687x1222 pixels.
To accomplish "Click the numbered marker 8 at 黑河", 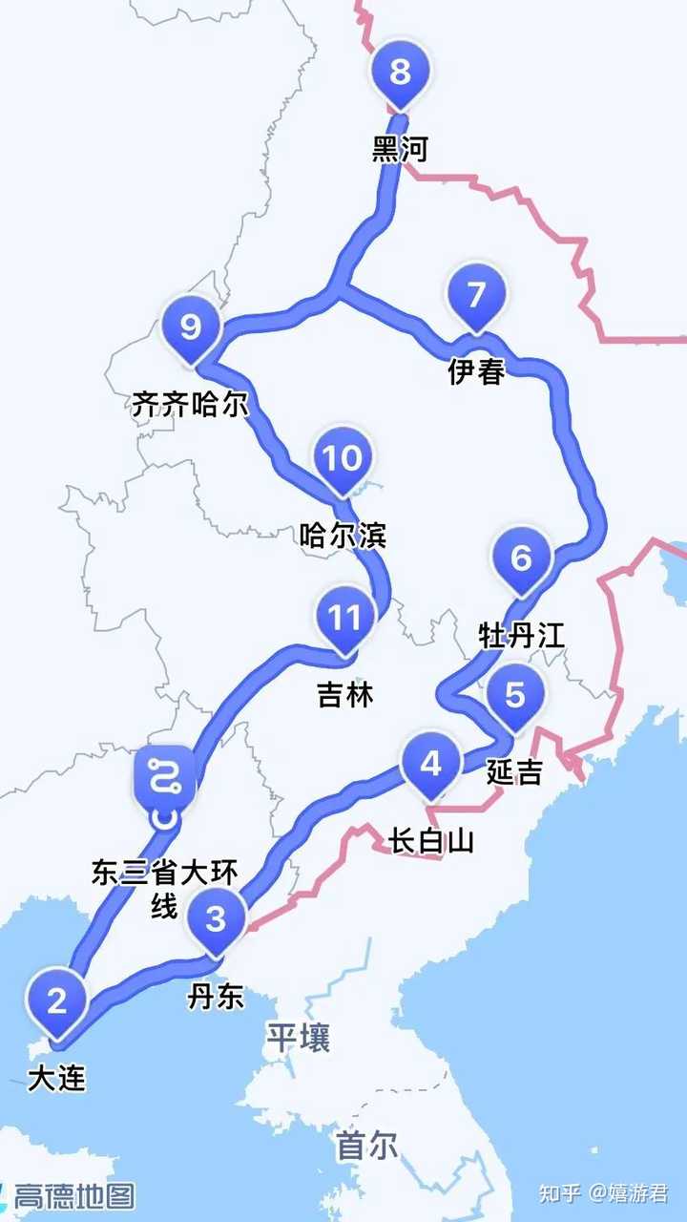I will click(x=401, y=73).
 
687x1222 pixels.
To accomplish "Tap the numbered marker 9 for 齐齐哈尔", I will click(x=191, y=328).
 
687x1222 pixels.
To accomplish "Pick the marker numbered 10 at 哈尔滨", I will click(x=342, y=459).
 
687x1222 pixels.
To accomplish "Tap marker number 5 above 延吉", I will click(x=515, y=696).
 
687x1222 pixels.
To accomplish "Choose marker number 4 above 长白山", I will click(x=431, y=765).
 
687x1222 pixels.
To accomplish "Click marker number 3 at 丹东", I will click(x=217, y=919).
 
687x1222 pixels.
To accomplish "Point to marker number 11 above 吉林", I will click(x=343, y=620).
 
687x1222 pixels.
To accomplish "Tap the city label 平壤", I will click(x=298, y=1038).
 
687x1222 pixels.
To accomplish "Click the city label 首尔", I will click(x=367, y=1146).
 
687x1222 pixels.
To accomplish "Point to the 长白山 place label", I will click(x=431, y=841).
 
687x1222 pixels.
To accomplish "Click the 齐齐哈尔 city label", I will click(x=190, y=405).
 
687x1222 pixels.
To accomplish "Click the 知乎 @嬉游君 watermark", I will click(x=603, y=1193).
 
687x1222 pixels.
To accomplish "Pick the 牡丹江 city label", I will click(x=522, y=635).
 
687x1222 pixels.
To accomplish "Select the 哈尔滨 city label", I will click(x=342, y=537).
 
